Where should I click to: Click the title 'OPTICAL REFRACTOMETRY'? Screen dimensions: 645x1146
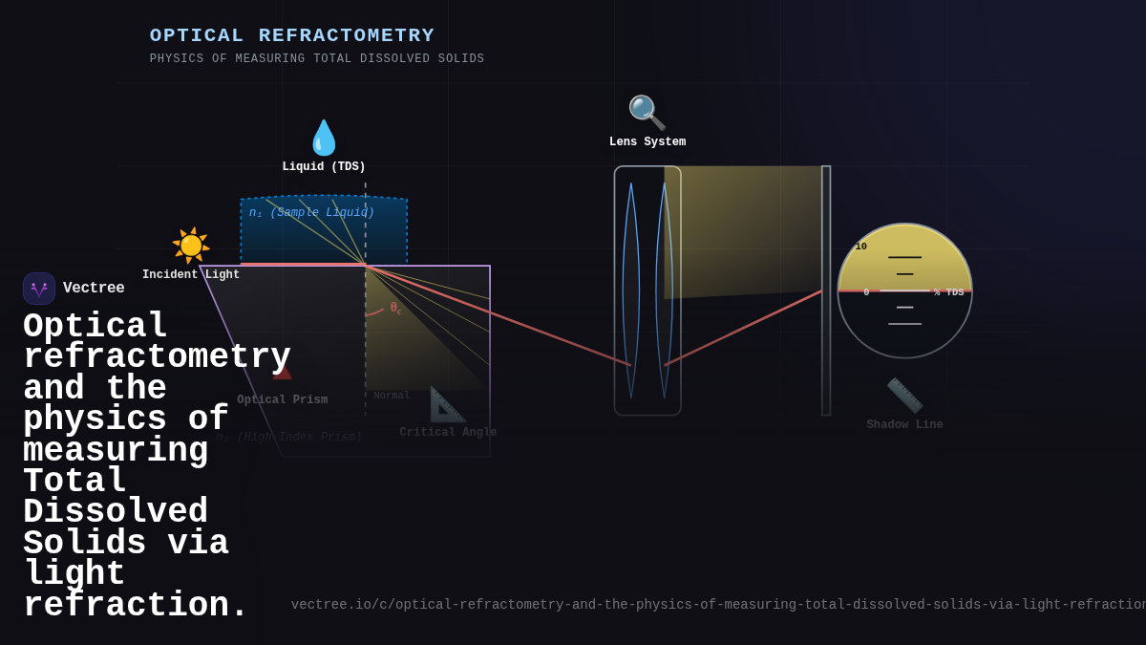[x=292, y=35]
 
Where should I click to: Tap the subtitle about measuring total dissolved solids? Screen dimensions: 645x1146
[x=317, y=59]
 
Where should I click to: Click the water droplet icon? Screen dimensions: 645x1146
[x=324, y=138]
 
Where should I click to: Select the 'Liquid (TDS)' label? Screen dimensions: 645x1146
[x=324, y=167]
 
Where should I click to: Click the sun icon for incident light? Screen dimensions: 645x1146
[x=191, y=246]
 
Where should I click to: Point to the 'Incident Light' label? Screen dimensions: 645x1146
[x=191, y=275]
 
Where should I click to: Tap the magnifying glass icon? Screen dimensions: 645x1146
[x=647, y=113]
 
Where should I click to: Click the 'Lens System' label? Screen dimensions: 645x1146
[x=647, y=142]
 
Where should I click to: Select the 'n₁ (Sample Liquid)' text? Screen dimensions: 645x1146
[x=311, y=213]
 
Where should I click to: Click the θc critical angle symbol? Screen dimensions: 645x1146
[x=395, y=308]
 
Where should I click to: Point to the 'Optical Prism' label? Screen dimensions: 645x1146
[x=283, y=400]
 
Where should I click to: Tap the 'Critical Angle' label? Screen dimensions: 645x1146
[x=448, y=433]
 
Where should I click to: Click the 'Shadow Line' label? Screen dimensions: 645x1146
[x=904, y=425]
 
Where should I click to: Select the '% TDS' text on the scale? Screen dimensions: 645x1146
[x=948, y=292]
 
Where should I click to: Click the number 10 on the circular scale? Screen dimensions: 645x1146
[x=861, y=247]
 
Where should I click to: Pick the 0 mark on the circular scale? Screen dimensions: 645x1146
[x=866, y=292]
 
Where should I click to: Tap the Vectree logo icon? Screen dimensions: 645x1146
[x=39, y=289]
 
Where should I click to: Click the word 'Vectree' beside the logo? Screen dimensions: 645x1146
[x=94, y=289]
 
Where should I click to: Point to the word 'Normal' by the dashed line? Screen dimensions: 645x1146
[x=392, y=396]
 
